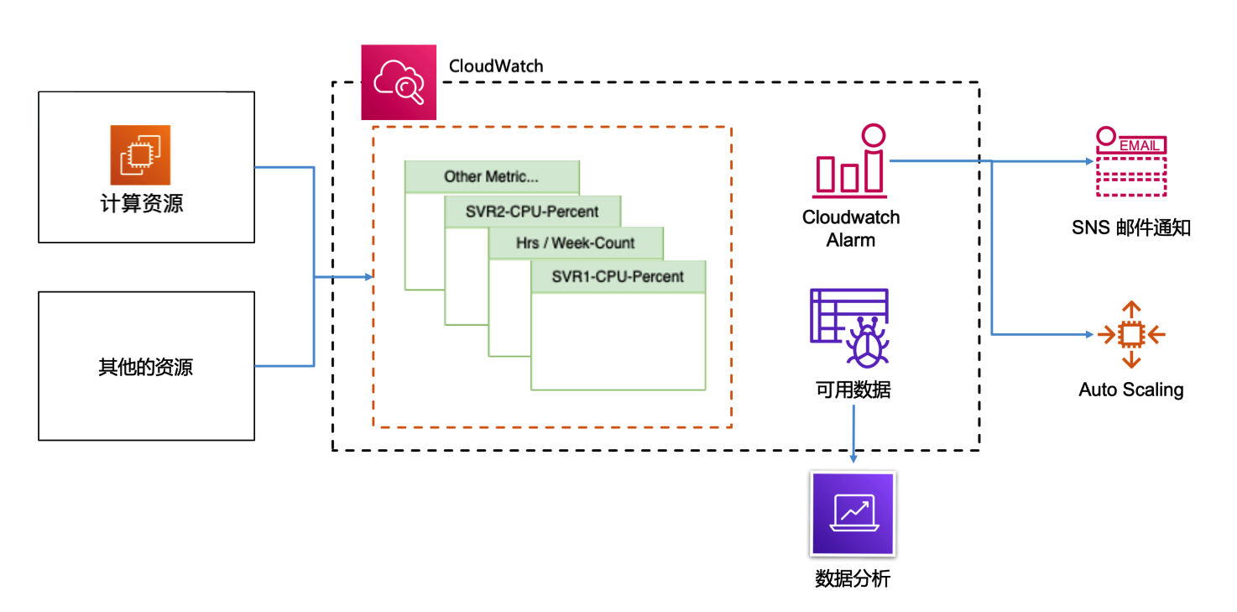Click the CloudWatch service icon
(399, 82)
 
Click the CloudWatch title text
(496, 66)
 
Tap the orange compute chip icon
(140, 155)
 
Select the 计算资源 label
(142, 203)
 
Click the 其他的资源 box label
(145, 367)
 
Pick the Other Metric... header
(492, 176)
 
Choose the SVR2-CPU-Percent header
(532, 212)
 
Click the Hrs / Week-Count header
(576, 243)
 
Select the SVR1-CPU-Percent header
(618, 276)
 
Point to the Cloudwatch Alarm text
(851, 228)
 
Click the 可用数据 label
(853, 390)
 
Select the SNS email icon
(1130, 163)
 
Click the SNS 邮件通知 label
(1130, 228)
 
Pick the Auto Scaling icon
(1131, 334)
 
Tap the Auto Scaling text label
(1131, 390)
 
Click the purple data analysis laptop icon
(853, 513)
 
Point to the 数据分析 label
(853, 578)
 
